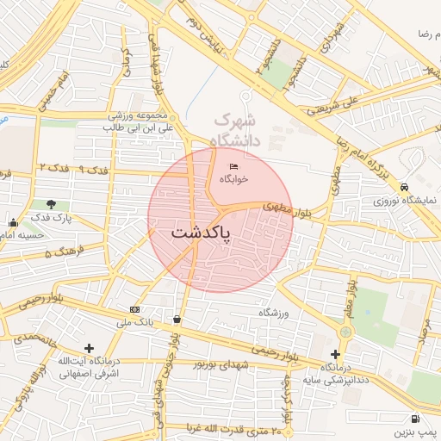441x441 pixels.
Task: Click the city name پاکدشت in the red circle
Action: click(x=202, y=233)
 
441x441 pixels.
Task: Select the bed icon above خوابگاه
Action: click(x=233, y=166)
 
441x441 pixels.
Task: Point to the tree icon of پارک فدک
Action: click(x=52, y=204)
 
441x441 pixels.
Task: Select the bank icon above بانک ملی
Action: click(x=134, y=309)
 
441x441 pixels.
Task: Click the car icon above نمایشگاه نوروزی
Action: click(x=404, y=187)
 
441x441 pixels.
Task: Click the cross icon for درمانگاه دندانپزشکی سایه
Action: click(x=335, y=354)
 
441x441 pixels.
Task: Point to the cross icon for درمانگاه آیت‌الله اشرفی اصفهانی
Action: click(x=89, y=348)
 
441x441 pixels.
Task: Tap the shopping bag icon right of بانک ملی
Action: click(x=177, y=319)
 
